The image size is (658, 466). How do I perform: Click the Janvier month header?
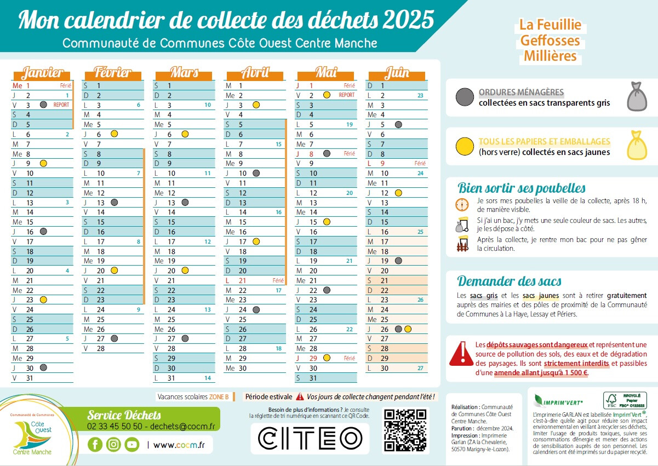pyautogui.click(x=42, y=73)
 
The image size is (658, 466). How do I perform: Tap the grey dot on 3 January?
pyautogui.click(x=43, y=105)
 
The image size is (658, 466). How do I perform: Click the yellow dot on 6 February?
pyautogui.click(x=115, y=134)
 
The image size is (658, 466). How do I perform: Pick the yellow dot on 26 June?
pyautogui.click(x=408, y=329)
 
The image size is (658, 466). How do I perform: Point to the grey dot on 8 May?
pyautogui.click(x=327, y=154)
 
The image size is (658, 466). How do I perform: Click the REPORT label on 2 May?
pyautogui.click(x=346, y=95)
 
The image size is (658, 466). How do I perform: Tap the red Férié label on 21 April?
pyautogui.click(x=278, y=280)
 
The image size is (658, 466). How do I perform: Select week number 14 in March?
pyautogui.click(x=208, y=378)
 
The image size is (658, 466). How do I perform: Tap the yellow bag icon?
pyautogui.click(x=635, y=146)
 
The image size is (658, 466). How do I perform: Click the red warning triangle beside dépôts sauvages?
pyautogui.click(x=461, y=353)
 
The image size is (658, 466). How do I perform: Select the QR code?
pyautogui.click(x=405, y=430)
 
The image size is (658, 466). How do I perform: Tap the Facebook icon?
pyautogui.click(x=95, y=445)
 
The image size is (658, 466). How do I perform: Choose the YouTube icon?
pyautogui.click(x=131, y=445)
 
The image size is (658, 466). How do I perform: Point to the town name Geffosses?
pyautogui.click(x=550, y=41)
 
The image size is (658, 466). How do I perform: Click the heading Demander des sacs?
pyautogui.click(x=510, y=281)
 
